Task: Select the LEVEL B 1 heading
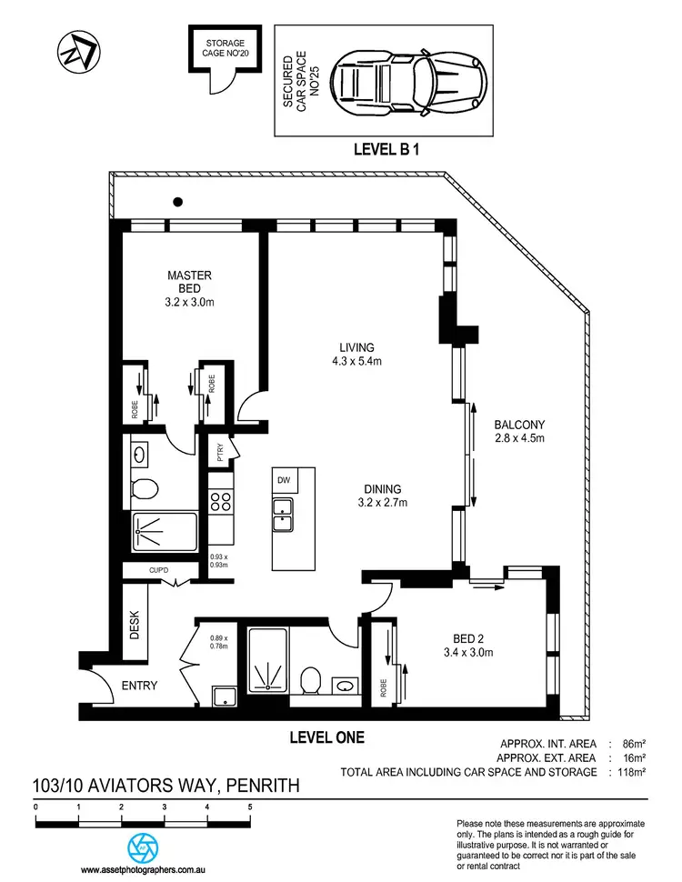point(390,148)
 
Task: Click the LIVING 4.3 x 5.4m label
point(357,354)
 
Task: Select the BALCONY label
point(518,431)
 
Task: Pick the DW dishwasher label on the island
point(283,480)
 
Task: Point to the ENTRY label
point(140,686)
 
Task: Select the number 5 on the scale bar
point(249,807)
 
